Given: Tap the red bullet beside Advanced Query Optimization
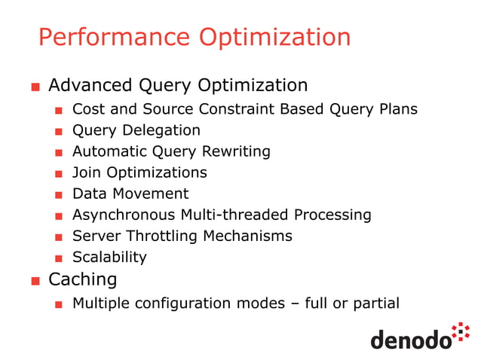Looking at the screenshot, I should click(x=35, y=87).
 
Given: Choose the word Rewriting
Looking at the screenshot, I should click(x=234, y=151).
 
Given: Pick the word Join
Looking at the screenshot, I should click(x=85, y=172).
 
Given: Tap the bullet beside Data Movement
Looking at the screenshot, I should click(x=58, y=195).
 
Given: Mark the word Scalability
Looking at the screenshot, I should click(x=109, y=257).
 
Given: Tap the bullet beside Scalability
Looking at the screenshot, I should click(x=58, y=258).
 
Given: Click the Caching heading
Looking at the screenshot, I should click(x=83, y=280).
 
